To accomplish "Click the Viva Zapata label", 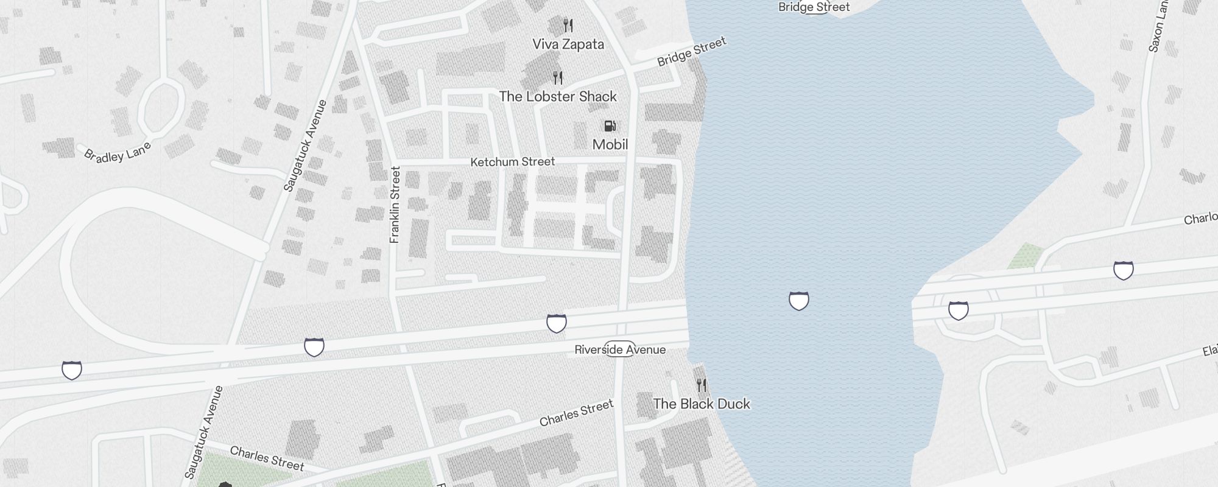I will tap(568, 44).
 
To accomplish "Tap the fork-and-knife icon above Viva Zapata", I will tap(568, 26).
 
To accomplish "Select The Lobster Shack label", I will tap(558, 97).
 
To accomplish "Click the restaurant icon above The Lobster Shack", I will tap(558, 78).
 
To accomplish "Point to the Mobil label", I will tap(610, 144).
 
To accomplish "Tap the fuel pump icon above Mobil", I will tap(610, 126).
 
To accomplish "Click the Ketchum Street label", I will tap(512, 162).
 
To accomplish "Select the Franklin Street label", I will tap(395, 205).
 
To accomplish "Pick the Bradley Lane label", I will tap(117, 152).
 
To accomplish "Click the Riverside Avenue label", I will tap(620, 349).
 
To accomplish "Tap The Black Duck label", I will tap(702, 404).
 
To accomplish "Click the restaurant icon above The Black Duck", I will tap(702, 385).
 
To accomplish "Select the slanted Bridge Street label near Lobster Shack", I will tap(692, 52).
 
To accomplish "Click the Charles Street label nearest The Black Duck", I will tap(576, 413).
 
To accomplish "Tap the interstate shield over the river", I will tap(798, 301).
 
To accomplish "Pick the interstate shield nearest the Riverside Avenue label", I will tap(556, 323).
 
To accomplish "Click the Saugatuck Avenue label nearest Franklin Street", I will tap(305, 146).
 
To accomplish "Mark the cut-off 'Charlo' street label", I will tap(1200, 218).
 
